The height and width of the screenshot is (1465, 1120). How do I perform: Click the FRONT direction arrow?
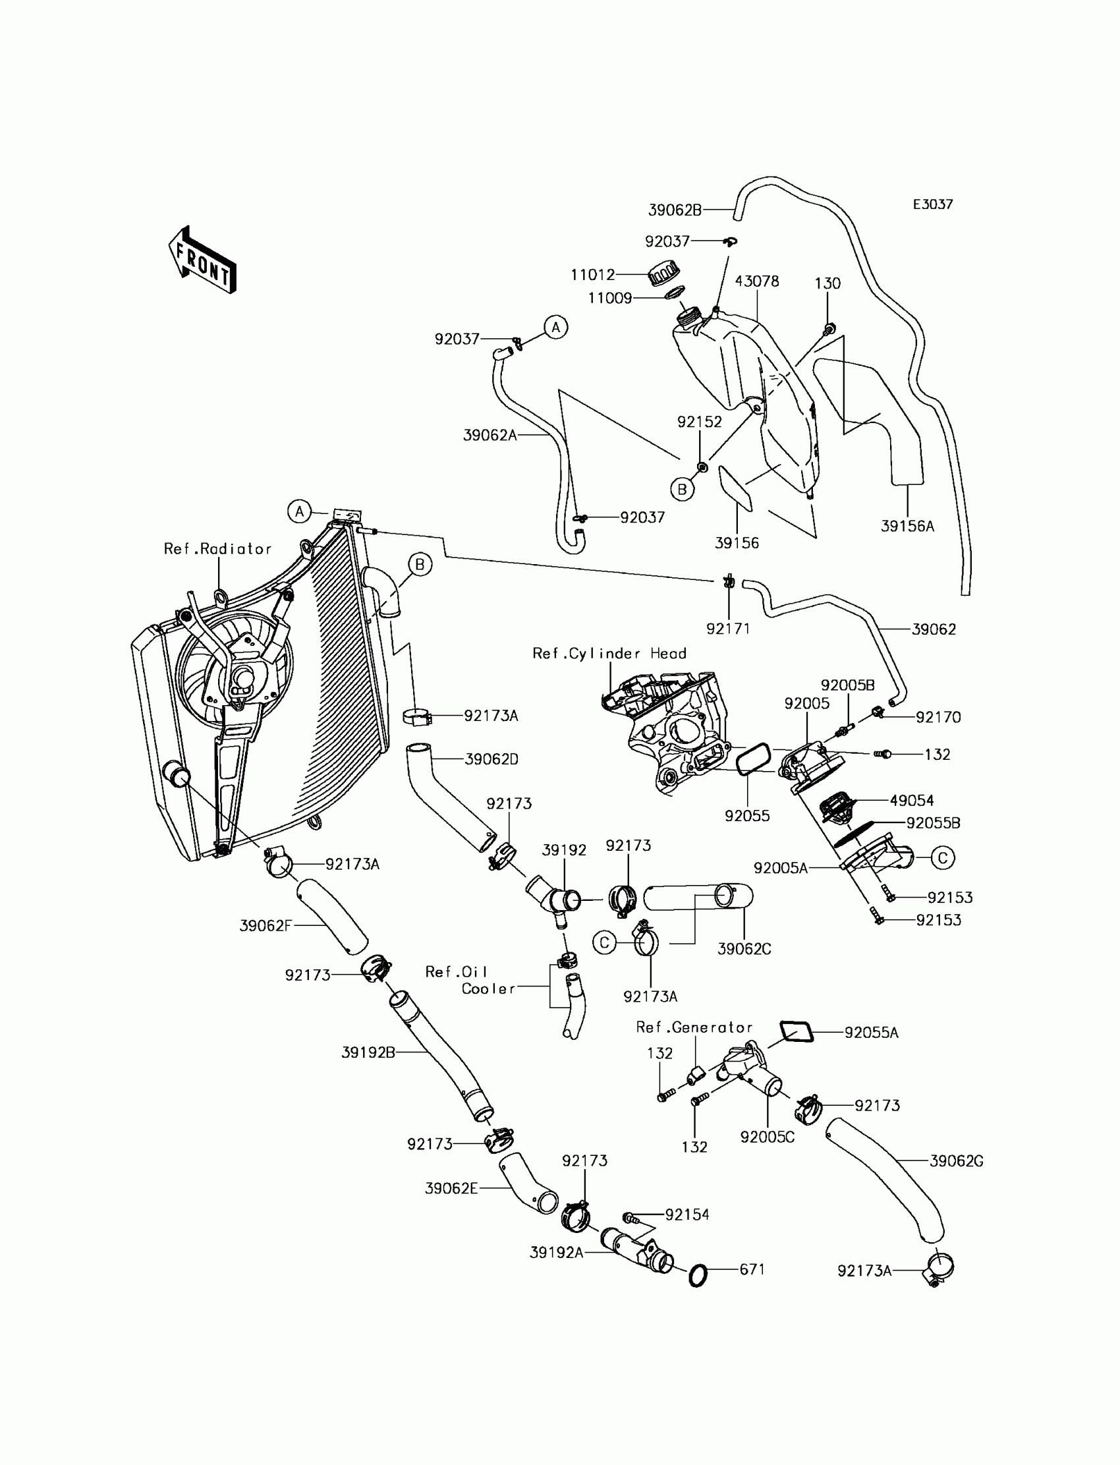coord(202,261)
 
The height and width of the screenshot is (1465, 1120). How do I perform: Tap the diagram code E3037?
coord(932,205)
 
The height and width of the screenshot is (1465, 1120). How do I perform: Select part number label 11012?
coord(592,275)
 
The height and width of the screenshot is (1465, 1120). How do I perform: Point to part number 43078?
coord(757,281)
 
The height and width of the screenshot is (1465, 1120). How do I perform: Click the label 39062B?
coord(675,210)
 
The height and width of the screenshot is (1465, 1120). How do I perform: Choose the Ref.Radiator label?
coord(217,549)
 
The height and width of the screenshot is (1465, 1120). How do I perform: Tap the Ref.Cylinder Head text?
coord(609,654)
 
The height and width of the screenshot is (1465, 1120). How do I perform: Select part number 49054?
coord(911,800)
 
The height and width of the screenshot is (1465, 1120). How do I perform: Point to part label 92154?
coord(686,1215)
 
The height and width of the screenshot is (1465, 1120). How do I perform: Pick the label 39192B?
coord(368,1052)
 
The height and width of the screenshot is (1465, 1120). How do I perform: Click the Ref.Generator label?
coord(693,1027)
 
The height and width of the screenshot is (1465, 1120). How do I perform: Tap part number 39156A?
coord(907,526)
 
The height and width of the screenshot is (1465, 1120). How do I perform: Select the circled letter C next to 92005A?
coord(943,857)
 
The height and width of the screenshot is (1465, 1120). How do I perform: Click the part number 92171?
coord(728,628)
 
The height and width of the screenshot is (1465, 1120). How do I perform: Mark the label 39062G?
coord(956,1161)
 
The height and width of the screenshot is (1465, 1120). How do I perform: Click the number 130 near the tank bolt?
coord(827,283)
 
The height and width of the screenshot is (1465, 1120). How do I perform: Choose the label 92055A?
coord(871,1033)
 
